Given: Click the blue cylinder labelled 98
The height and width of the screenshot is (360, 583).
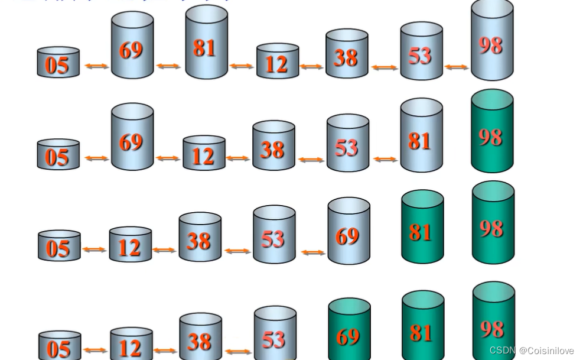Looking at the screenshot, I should tap(492, 41).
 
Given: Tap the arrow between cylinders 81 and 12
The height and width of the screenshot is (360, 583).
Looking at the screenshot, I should tap(242, 66).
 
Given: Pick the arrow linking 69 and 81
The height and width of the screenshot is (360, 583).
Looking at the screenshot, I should tap(168, 66).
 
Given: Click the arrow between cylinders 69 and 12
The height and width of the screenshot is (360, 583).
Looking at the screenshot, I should tap(168, 158).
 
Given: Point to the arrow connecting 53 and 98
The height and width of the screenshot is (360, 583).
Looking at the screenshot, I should tap(456, 67).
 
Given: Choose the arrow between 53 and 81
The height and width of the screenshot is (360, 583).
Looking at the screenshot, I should tap(385, 159).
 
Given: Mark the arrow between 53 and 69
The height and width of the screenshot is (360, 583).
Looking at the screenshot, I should tap(313, 252).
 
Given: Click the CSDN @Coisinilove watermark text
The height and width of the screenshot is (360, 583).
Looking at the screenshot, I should tap(532, 351).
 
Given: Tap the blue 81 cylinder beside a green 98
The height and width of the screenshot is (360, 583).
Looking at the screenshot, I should tap(421, 136).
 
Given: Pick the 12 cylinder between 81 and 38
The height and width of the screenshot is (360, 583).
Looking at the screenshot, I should tap(277, 61).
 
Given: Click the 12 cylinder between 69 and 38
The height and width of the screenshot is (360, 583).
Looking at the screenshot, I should tap(204, 153).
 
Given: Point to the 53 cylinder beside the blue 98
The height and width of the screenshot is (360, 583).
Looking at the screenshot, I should tap(421, 52).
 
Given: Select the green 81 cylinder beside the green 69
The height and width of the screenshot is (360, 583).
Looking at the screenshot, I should tap(422, 327).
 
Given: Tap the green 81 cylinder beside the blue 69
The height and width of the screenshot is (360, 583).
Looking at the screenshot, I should tap(422, 228).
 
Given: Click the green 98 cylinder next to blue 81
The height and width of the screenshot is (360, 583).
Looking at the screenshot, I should tap(492, 132).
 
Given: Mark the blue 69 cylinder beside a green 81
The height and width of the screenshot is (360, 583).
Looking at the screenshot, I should tap(349, 232).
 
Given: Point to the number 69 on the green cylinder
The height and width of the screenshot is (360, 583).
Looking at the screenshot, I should tap(348, 336).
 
